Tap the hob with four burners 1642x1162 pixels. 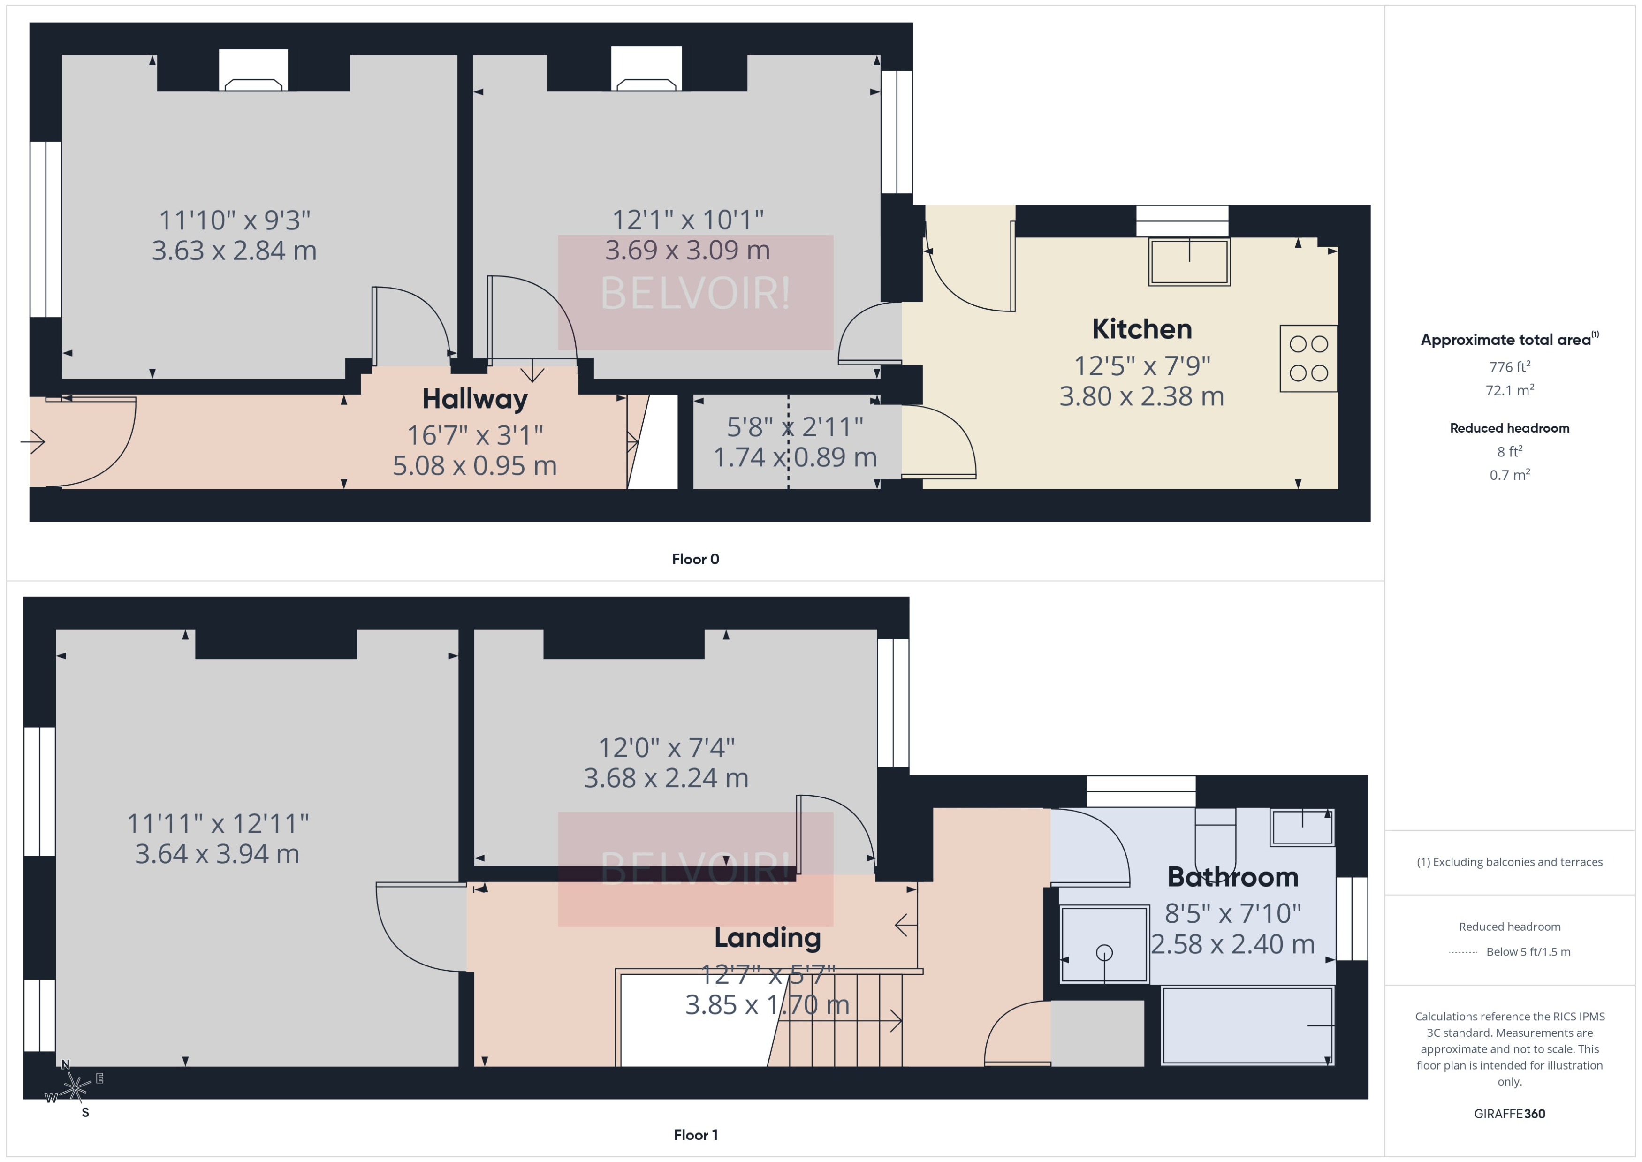(x=1308, y=358)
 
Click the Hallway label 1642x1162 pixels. (x=474, y=399)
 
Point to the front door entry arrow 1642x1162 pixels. (x=33, y=441)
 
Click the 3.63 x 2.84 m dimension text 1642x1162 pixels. (x=234, y=251)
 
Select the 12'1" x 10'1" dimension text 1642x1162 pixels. (x=688, y=220)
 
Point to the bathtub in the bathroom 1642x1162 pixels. (x=1247, y=1025)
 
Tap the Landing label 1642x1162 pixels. (x=767, y=937)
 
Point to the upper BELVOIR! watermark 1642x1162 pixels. (x=695, y=293)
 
